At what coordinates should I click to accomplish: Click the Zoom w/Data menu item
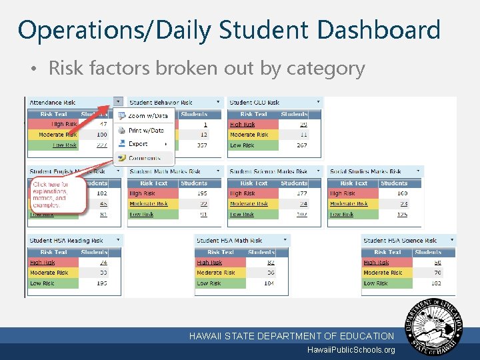(x=147, y=115)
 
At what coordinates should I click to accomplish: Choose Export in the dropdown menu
(x=138, y=144)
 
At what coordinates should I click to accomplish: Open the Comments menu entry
(x=144, y=159)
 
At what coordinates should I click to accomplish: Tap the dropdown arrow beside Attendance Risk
(x=118, y=102)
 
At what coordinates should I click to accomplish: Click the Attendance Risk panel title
(x=53, y=103)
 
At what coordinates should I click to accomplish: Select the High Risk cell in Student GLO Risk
(x=243, y=125)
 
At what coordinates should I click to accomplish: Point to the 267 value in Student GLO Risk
(x=301, y=145)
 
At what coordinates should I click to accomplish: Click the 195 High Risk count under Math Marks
(x=201, y=193)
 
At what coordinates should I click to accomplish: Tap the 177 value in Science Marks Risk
(x=301, y=193)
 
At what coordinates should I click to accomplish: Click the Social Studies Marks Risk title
(x=365, y=171)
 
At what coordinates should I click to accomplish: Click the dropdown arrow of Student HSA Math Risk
(x=285, y=240)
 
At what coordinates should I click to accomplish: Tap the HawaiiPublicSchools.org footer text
(x=351, y=350)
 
